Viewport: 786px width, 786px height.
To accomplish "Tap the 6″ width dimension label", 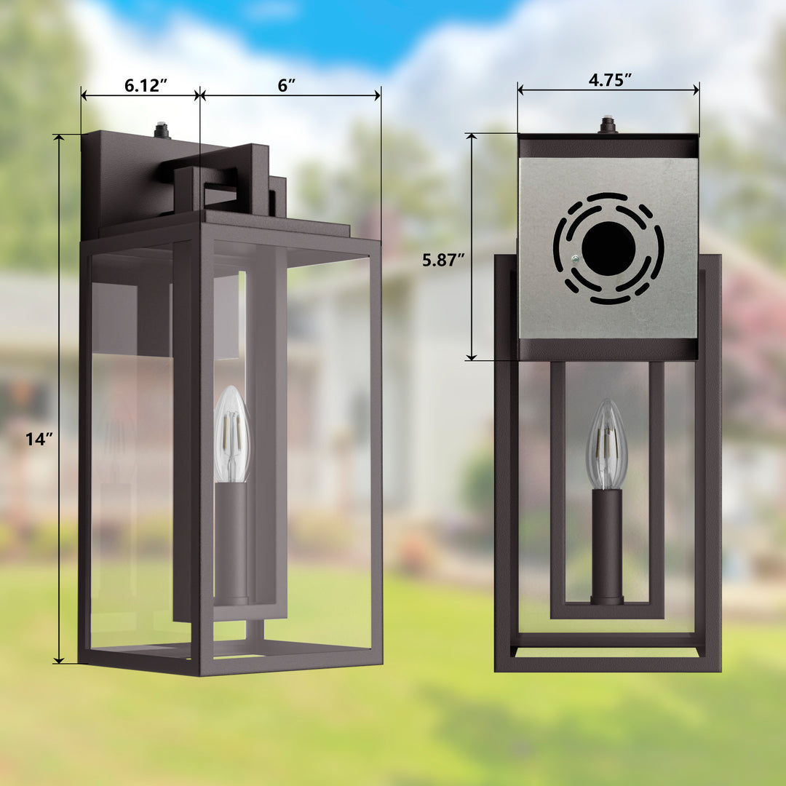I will pyautogui.click(x=287, y=84).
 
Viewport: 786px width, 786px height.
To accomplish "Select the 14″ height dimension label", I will pyautogui.click(x=35, y=439).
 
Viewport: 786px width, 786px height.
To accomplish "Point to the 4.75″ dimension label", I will pyautogui.click(x=609, y=80).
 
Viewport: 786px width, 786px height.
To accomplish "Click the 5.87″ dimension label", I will pyautogui.click(x=445, y=260).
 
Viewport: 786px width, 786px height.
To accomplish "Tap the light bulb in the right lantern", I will pyautogui.click(x=607, y=445).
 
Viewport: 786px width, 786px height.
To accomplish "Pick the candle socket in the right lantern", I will pyautogui.click(x=607, y=546).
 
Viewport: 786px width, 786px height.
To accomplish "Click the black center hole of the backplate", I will pyautogui.click(x=608, y=249).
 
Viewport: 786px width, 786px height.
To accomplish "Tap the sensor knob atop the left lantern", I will pyautogui.click(x=162, y=131).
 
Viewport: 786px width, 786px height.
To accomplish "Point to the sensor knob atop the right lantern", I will pyautogui.click(x=607, y=125).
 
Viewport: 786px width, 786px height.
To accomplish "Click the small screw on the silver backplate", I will pyautogui.click(x=575, y=258).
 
